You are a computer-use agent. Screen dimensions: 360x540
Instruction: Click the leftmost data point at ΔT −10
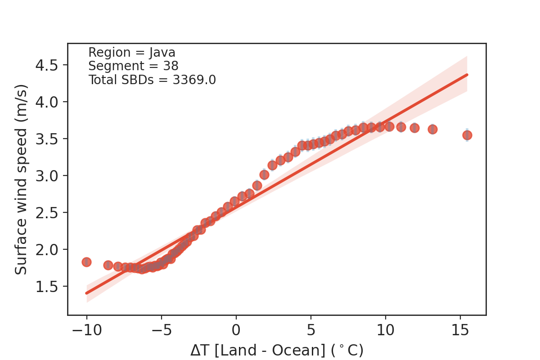click(x=86, y=262)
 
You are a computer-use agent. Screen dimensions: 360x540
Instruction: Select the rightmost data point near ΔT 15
click(x=467, y=135)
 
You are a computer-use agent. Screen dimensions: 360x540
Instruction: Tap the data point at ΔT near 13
click(x=432, y=129)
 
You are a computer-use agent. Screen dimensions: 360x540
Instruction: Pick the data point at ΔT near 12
click(x=414, y=128)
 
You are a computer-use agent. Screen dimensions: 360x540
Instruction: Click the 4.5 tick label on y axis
click(x=50, y=65)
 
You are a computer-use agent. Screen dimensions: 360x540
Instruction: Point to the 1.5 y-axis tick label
click(x=50, y=286)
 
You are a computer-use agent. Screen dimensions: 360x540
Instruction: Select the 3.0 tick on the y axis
click(x=50, y=175)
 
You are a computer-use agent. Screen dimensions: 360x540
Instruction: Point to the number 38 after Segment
click(x=171, y=66)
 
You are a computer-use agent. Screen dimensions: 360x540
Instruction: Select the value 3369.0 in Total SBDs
click(x=194, y=80)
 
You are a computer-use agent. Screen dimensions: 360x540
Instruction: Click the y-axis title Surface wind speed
click(x=22, y=179)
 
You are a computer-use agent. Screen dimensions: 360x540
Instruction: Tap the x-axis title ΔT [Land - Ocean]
click(x=276, y=350)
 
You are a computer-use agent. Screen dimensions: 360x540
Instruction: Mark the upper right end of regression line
click(x=467, y=75)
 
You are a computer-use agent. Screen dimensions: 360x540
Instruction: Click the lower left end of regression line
click(x=86, y=293)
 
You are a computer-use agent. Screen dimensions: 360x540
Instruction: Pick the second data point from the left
click(x=108, y=265)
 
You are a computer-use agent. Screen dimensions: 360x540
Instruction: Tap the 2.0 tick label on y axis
click(x=50, y=249)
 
